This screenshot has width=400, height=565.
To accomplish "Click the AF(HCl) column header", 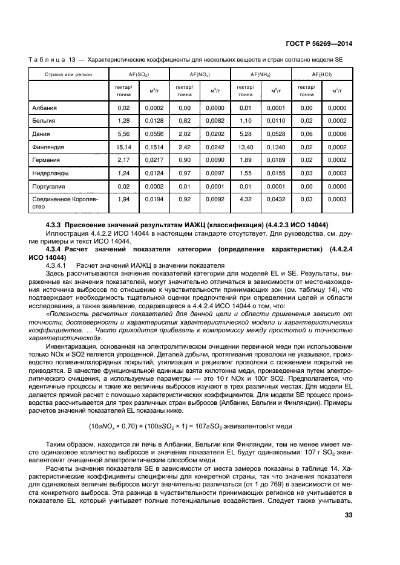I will (321, 74).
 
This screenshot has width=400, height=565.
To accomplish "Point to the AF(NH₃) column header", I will (260, 74).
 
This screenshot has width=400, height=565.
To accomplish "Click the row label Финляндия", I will (48, 147).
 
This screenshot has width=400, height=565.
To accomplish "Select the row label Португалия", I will (49, 186).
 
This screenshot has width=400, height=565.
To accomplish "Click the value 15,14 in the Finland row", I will (123, 147).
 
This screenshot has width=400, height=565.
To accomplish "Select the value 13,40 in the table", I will (245, 147).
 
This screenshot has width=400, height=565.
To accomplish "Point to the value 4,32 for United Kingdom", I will (245, 199).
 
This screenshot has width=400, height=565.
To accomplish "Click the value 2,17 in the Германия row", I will (123, 160).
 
